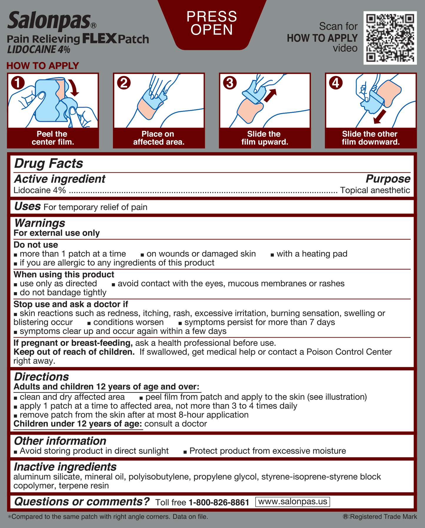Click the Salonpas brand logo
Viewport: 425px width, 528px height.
pos(49,21)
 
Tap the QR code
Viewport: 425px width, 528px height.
pos(390,38)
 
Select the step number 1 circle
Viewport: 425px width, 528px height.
pos(18,83)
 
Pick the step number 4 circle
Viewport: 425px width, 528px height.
pos(336,83)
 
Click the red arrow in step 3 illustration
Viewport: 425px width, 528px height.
pos(270,95)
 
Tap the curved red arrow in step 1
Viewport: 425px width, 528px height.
pos(74,88)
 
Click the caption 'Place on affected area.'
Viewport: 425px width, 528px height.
pos(159,138)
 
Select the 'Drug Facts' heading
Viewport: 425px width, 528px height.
pos(49,164)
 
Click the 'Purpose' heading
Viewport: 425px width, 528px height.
pos(388,179)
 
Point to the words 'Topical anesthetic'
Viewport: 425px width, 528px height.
pos(375,190)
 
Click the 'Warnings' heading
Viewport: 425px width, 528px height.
pos(40,223)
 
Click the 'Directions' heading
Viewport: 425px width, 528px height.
pos(41,377)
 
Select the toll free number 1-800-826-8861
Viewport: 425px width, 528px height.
pos(219,502)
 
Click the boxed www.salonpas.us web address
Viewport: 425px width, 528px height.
pos(293,502)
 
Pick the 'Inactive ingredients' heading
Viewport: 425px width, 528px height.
pos(65,467)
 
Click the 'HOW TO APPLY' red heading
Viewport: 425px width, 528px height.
pos(43,66)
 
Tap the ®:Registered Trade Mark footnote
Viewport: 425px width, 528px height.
pos(380,517)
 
